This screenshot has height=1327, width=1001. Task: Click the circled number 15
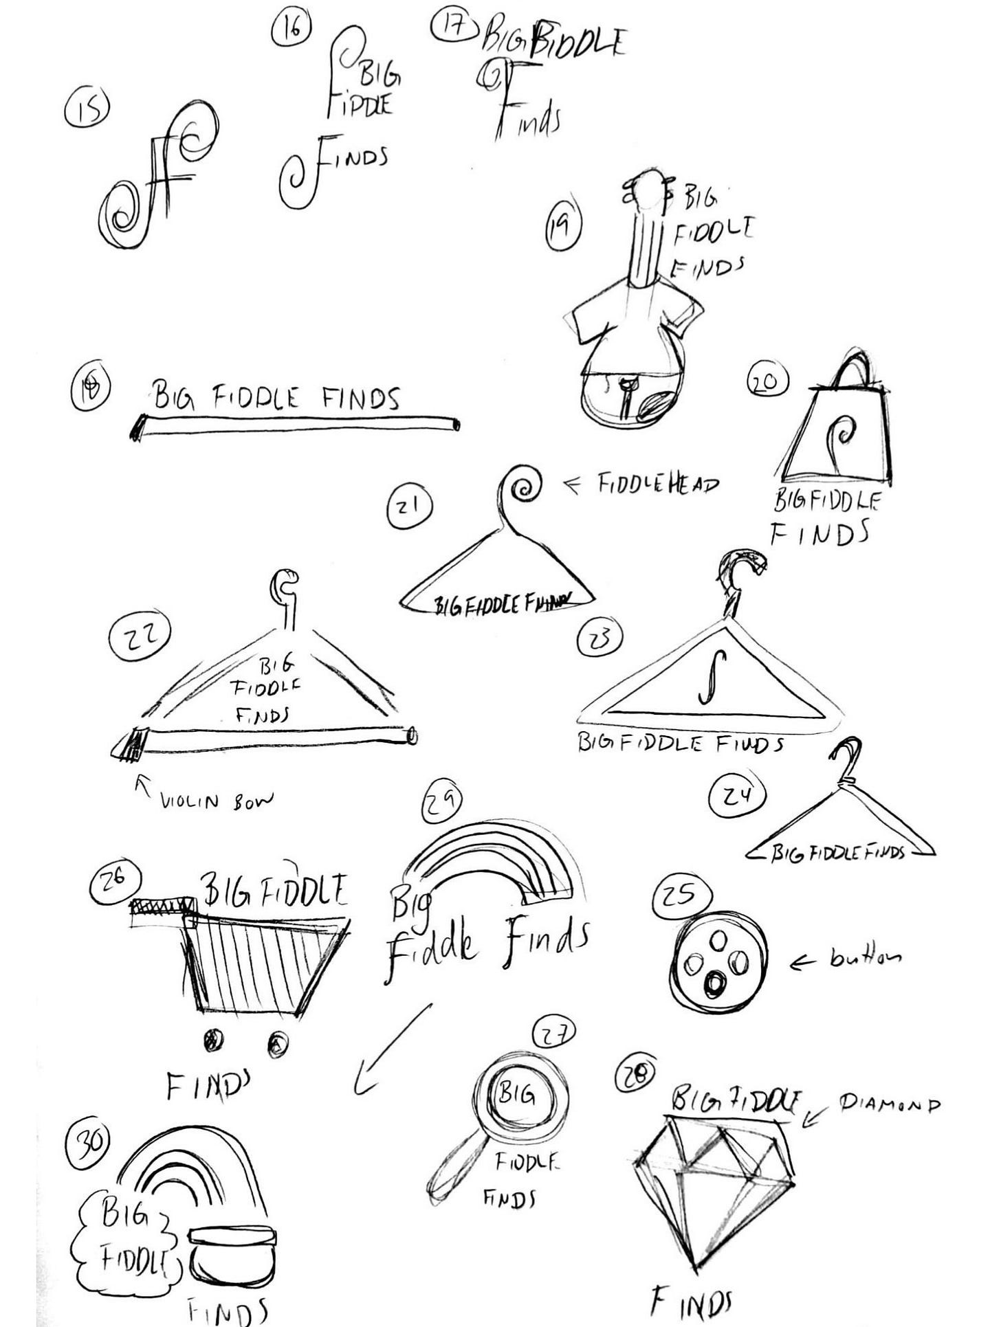point(87,110)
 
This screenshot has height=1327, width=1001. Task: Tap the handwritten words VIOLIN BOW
point(216,800)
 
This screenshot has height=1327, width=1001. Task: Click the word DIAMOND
point(889,1104)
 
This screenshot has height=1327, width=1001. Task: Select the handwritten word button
point(866,957)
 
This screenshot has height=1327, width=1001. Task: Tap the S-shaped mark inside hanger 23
point(704,678)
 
